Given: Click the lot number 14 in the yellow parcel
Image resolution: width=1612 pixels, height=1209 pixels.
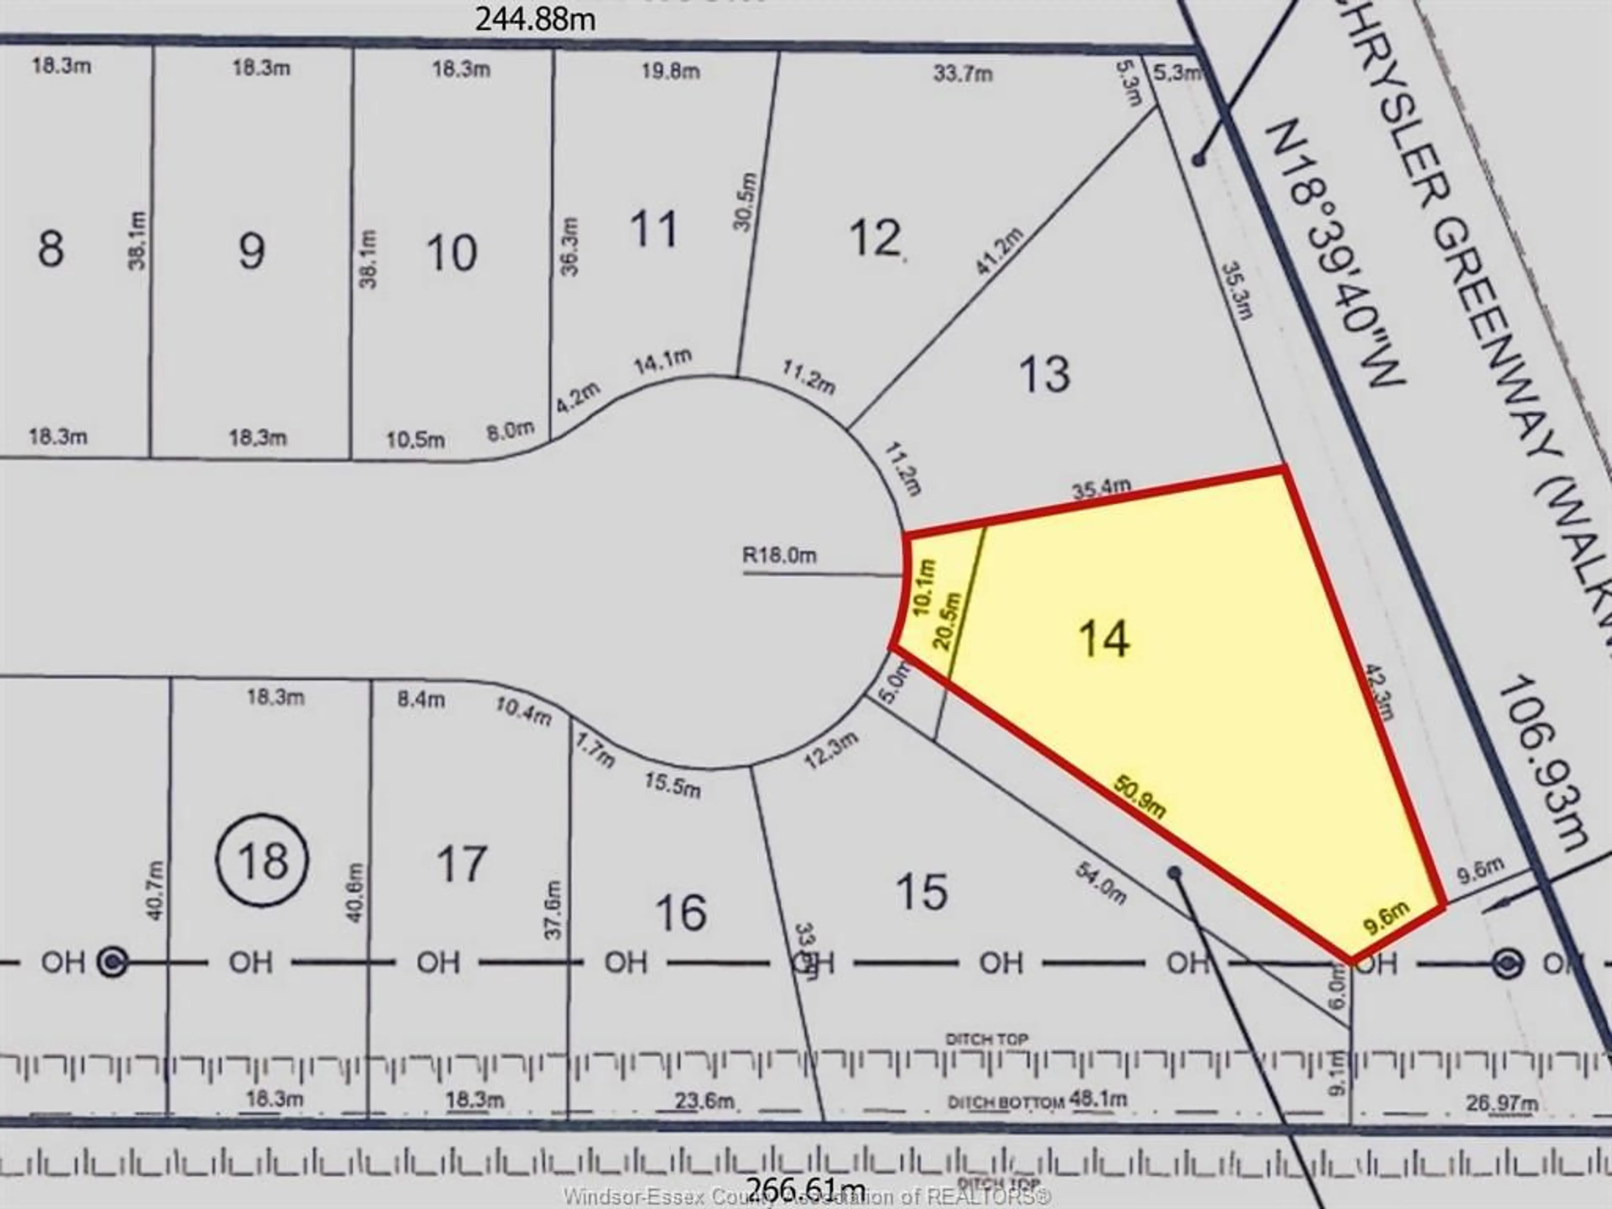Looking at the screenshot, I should coord(1104,639).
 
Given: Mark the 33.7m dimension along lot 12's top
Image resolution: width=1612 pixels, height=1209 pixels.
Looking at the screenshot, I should coord(963,73).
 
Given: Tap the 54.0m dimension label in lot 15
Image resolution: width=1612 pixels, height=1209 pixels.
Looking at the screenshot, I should coord(1100,883).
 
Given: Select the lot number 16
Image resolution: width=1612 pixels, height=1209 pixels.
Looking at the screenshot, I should coord(680,912).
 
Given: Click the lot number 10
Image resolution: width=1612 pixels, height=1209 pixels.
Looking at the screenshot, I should coord(452,253).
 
